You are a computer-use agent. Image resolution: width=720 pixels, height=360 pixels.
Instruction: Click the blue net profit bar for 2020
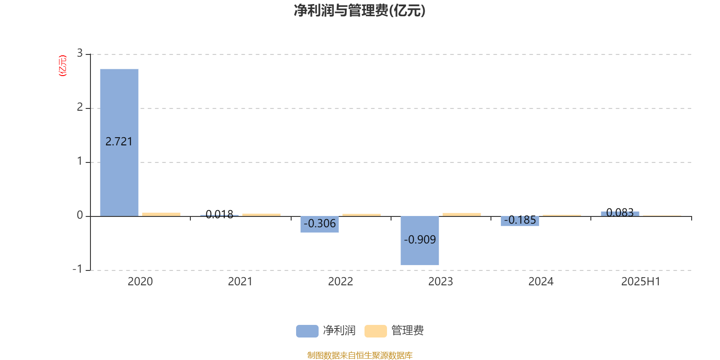coord(119,142)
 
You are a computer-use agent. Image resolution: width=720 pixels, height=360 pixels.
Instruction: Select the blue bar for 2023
coord(419,240)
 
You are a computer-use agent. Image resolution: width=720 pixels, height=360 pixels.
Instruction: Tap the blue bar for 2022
coord(319,224)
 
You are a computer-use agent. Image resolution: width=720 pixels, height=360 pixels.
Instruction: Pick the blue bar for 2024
coord(520,221)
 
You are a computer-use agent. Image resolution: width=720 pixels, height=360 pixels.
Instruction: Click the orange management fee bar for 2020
coord(162,214)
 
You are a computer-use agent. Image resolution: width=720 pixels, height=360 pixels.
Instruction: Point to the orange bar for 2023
coord(462,214)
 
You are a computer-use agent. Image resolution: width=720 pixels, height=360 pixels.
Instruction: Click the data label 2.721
coord(119,141)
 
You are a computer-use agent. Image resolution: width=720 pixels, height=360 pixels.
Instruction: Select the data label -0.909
coord(420,239)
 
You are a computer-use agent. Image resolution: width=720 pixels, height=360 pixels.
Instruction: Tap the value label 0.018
coord(219,214)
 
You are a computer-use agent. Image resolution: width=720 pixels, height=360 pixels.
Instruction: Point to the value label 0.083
coord(620,212)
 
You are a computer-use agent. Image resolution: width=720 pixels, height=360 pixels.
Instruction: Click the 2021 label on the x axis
coord(240,282)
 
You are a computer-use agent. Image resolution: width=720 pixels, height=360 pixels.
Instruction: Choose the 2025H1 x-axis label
coord(641,282)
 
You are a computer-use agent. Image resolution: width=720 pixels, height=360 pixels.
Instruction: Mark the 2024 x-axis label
coord(541,282)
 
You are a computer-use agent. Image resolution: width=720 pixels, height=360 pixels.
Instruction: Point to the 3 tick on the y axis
coord(80,54)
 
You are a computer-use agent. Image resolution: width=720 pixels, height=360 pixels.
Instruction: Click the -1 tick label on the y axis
coord(77,269)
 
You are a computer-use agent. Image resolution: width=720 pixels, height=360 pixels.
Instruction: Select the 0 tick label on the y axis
coord(80,216)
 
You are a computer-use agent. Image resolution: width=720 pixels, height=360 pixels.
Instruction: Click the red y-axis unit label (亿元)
coord(63,66)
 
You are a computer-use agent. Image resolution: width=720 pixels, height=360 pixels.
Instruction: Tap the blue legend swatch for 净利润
coord(307,331)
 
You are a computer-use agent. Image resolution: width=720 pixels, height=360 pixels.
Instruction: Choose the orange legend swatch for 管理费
coord(375,331)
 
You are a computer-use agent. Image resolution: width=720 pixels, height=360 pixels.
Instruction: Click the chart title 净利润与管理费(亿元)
coord(360,11)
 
